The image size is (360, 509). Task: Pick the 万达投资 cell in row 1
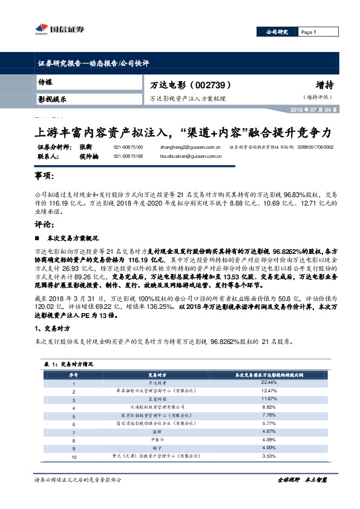point(157,383)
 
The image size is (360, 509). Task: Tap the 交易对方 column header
point(157,375)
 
